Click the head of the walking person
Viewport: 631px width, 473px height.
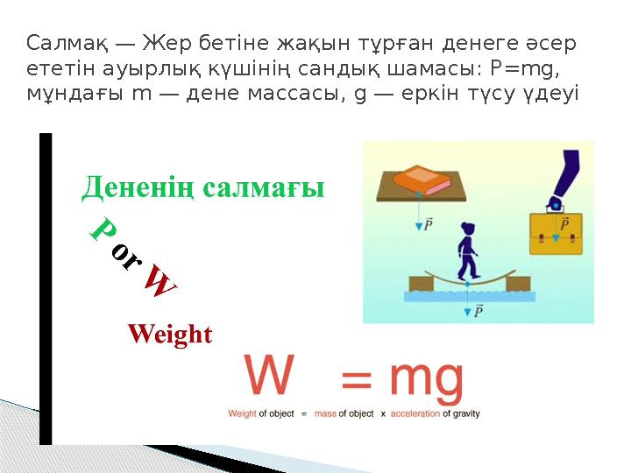tap(468, 229)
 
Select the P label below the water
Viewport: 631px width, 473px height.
tap(479, 310)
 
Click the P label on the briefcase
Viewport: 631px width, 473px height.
tap(564, 224)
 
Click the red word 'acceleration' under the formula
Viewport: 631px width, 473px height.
tap(416, 413)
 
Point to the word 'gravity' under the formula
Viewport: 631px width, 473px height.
tap(464, 413)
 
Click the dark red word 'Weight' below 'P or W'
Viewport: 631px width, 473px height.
tap(169, 335)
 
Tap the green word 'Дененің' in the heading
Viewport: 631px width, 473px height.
tap(138, 187)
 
